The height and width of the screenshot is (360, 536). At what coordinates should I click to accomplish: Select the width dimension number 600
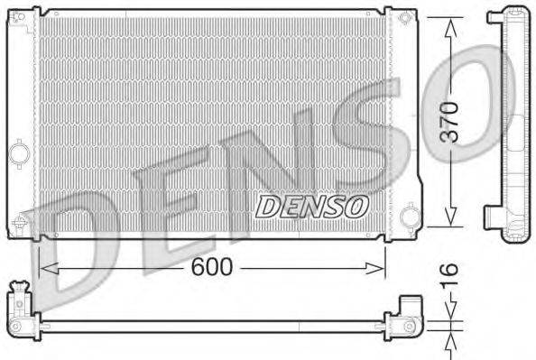[213, 266]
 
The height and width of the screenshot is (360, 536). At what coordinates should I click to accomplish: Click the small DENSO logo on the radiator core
[312, 206]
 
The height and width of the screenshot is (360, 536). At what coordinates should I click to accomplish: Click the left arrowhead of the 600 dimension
[43, 266]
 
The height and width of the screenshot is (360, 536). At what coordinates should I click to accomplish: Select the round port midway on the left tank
[19, 153]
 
